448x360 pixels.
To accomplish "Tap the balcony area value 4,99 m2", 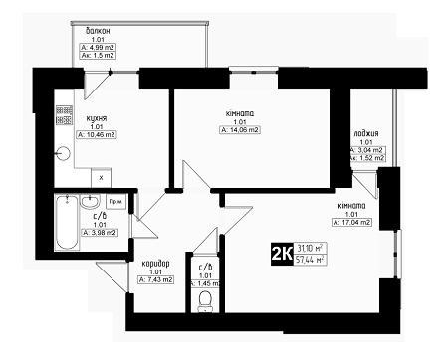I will point(101,47).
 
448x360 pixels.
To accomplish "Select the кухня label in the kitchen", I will point(97,116).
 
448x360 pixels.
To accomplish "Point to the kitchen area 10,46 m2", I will point(100,134).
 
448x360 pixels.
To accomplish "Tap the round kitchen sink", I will point(64,152).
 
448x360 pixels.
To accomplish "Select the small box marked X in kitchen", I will point(102,176).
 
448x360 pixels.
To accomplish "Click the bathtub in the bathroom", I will point(67,225).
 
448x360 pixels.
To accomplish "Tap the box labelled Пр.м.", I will point(116,201).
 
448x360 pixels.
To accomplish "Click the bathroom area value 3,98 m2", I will point(101,233).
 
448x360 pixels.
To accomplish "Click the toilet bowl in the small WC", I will point(207,298).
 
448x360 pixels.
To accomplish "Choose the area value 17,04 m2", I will point(353,224).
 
